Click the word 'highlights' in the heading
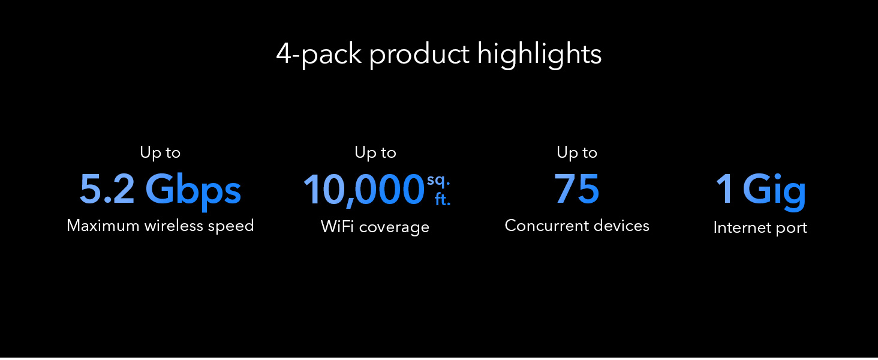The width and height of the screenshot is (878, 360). click(x=539, y=55)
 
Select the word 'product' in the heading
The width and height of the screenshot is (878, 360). click(x=419, y=55)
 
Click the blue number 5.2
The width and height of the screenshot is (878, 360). click(x=107, y=190)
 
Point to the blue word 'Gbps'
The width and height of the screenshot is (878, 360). click(x=193, y=192)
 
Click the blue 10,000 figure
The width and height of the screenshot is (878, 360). click(x=364, y=190)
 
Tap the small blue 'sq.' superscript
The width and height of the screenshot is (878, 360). click(x=438, y=181)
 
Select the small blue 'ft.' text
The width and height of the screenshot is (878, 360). click(x=443, y=199)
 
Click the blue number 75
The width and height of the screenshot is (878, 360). click(x=577, y=189)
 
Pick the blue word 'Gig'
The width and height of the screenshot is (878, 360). click(x=774, y=192)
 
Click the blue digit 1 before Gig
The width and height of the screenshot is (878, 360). click(x=724, y=189)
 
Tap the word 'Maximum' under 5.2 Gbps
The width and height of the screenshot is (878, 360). click(x=103, y=226)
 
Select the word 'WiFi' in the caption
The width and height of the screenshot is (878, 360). click(x=338, y=227)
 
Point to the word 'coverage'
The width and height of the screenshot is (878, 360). click(x=394, y=228)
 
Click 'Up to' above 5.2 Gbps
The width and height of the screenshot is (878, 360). click(x=160, y=153)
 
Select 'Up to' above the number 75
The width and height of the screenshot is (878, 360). click(x=577, y=153)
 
